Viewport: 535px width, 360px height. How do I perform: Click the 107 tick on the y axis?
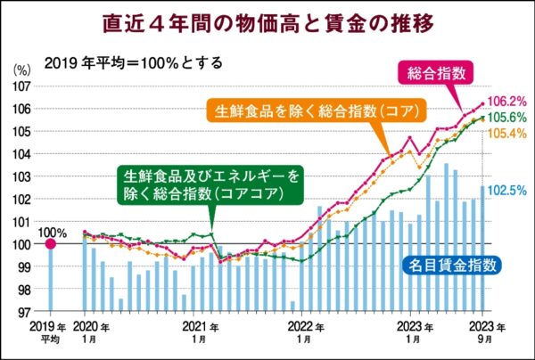(22, 86)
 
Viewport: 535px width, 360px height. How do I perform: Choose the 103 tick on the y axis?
(22, 176)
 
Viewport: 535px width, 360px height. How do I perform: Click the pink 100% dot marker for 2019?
(50, 243)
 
